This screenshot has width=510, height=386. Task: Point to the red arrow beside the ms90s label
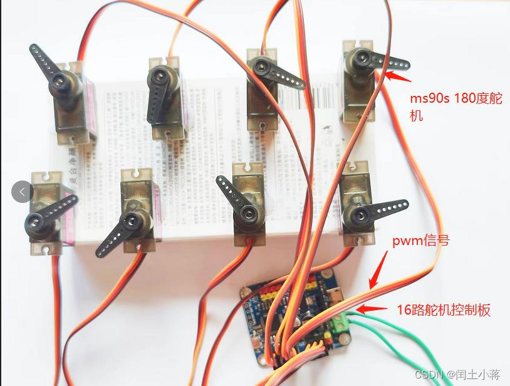click(397, 76)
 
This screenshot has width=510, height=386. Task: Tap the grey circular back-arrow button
click(23, 191)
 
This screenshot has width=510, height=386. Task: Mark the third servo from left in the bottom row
click(246, 201)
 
